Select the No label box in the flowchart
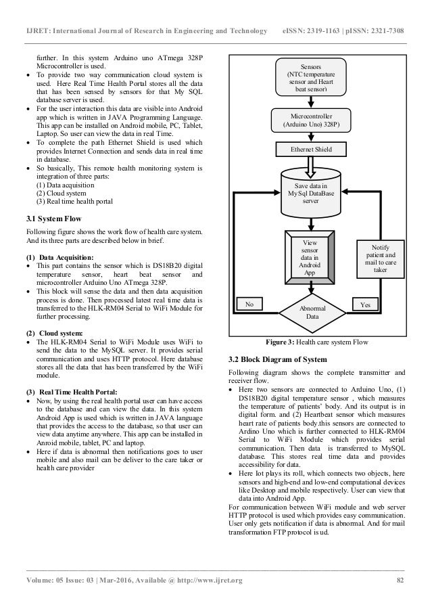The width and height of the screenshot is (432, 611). (249, 304)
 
